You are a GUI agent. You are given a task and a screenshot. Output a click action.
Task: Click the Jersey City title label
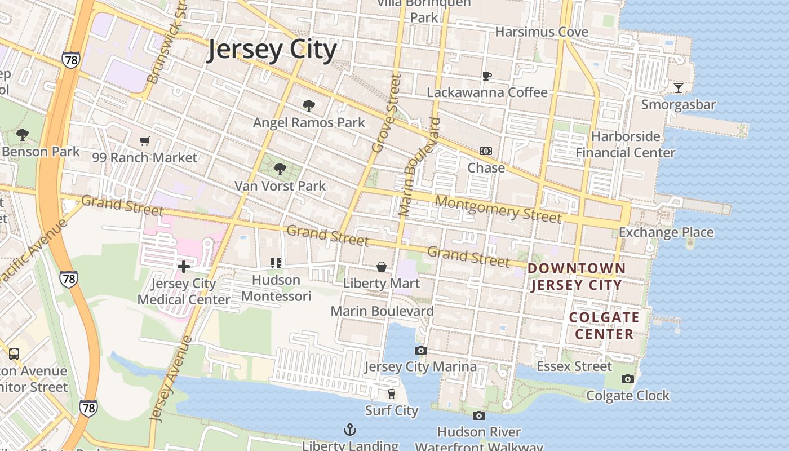(272, 50)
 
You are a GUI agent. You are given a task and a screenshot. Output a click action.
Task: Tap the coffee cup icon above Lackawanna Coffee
(487, 76)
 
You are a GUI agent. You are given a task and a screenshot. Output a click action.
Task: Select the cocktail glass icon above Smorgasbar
(679, 88)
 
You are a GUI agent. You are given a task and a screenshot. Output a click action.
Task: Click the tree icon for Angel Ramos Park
(308, 105)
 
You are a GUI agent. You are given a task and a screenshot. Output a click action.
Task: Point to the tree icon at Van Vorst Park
(280, 169)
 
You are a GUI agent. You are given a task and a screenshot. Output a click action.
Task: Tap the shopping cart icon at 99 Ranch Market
(145, 141)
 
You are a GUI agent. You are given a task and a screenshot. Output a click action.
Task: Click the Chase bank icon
(486, 151)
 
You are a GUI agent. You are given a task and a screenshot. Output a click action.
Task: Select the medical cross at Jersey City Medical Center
(184, 267)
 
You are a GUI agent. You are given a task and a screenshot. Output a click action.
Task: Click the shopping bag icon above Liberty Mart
(382, 267)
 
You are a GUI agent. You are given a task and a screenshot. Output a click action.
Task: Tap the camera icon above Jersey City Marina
(420, 351)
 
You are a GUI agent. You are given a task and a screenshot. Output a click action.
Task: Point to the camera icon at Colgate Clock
(628, 379)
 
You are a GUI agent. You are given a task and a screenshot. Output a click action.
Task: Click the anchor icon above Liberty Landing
(350, 430)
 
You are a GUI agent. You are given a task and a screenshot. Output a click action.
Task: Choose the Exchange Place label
(666, 232)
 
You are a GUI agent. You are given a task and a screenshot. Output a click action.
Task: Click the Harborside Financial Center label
(626, 144)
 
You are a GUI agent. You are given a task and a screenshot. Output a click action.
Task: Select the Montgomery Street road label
(498, 209)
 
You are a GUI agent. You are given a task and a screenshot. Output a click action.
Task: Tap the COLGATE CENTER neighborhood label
(604, 325)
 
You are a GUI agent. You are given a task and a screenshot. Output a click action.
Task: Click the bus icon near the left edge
(14, 354)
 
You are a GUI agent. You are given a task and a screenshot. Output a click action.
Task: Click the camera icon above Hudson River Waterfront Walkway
(479, 416)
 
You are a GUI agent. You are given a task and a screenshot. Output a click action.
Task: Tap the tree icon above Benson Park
(23, 134)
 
